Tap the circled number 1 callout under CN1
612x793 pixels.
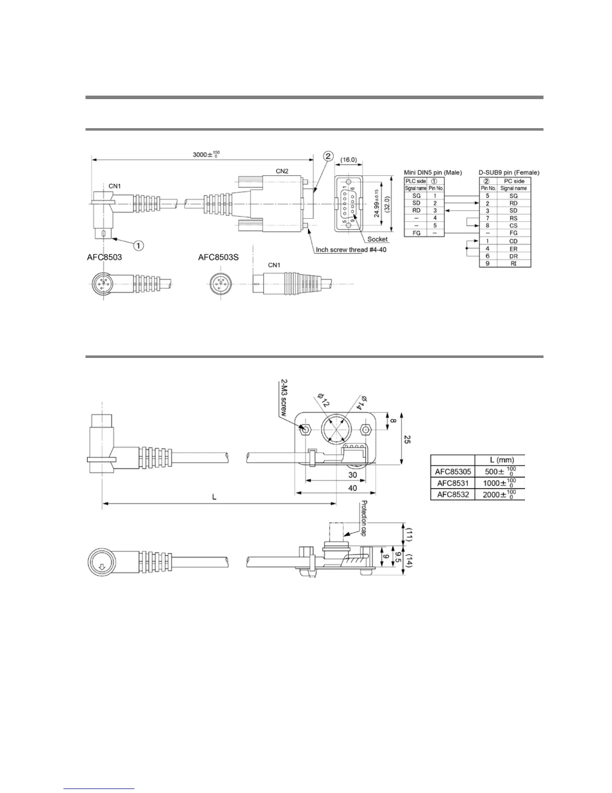[138, 245]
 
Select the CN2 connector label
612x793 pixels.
[282, 171]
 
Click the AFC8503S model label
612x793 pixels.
[218, 257]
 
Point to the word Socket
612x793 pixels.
[377, 239]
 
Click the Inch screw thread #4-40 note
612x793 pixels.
[351, 250]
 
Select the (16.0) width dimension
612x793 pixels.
[348, 160]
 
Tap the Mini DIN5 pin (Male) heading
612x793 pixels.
[432, 173]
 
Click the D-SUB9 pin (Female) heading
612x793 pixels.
[508, 173]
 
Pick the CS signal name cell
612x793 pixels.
[513, 226]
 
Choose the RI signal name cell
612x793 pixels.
[513, 263]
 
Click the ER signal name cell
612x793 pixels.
[513, 249]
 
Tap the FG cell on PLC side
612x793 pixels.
[416, 233]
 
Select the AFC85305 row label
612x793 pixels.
[452, 472]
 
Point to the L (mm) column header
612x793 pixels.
[501, 460]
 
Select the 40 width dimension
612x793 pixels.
[352, 488]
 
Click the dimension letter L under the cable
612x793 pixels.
[214, 497]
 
